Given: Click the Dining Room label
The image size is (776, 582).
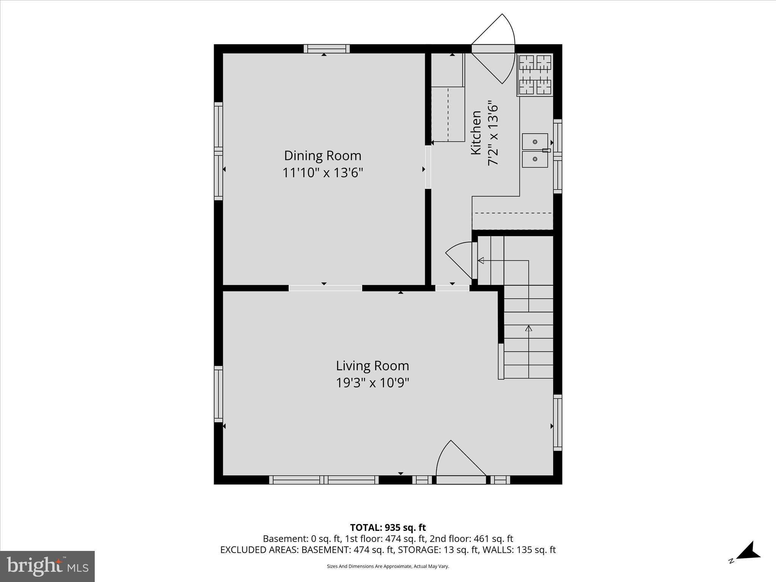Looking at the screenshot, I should [322, 156].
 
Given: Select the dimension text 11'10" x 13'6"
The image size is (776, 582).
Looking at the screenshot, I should [322, 173].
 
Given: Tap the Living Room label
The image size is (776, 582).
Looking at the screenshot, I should [372, 366].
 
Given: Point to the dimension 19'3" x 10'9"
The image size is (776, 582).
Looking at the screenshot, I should [372, 383].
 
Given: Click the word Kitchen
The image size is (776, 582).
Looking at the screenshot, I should [476, 133].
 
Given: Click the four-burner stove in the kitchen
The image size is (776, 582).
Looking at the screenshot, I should [535, 75].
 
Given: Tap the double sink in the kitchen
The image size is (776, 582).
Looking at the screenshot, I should [535, 150].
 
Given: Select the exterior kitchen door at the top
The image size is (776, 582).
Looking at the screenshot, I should [493, 49].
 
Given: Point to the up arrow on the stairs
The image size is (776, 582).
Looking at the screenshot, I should [528, 328].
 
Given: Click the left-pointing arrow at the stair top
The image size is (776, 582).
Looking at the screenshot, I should [481, 261].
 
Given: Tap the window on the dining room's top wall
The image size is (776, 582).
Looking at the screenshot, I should [327, 48].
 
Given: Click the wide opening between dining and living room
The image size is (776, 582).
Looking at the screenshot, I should [325, 288].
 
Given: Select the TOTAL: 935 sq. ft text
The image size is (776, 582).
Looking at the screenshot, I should [388, 527].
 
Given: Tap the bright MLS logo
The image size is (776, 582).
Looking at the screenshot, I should [47, 566].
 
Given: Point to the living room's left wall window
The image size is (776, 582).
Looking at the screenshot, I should [218, 394].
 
